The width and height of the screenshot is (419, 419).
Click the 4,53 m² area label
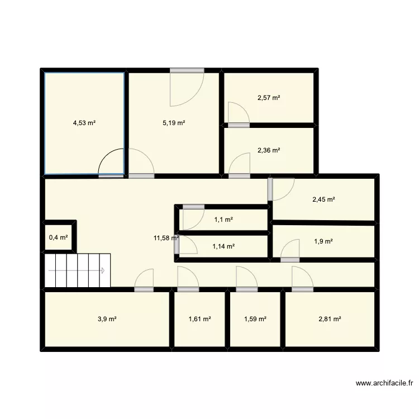[84, 123]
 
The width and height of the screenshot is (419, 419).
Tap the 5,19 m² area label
[174, 123]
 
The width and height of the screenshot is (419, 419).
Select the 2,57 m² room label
[269, 98]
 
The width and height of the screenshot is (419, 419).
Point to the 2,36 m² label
[269, 150]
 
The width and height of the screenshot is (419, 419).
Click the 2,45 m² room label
[323, 199]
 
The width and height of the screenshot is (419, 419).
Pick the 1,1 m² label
[223, 220]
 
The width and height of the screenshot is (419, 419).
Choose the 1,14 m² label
[223, 246]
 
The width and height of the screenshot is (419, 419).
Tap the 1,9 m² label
[323, 241]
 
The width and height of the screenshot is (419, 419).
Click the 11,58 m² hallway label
[166, 238]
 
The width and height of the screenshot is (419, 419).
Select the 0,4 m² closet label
[59, 237]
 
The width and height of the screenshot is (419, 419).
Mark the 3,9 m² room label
[107, 319]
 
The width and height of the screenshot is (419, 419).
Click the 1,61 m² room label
[199, 319]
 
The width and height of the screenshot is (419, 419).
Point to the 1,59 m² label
[255, 319]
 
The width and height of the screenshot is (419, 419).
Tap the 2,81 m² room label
[330, 319]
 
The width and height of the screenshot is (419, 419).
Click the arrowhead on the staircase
[104, 271]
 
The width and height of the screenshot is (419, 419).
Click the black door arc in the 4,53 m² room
[110, 162]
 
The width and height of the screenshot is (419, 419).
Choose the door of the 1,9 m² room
[290, 249]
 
